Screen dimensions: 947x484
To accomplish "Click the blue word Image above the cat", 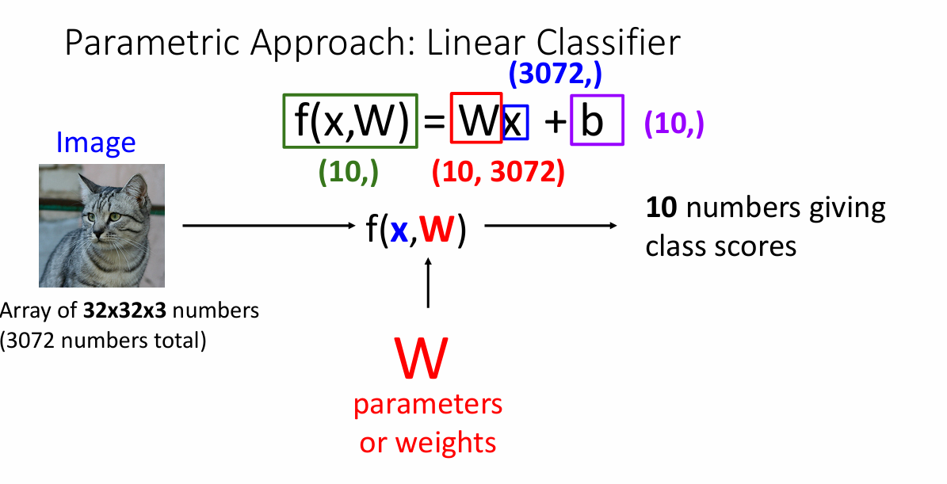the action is click(x=96, y=143).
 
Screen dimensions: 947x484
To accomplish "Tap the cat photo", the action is click(x=101, y=225).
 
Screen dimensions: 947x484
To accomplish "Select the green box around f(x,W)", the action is click(x=350, y=121).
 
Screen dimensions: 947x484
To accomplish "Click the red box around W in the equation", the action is click(x=475, y=119).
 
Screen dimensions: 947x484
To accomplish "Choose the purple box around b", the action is click(x=597, y=120).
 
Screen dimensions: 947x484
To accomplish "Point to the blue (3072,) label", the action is click(x=555, y=74).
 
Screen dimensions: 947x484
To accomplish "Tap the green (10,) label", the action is click(x=347, y=172).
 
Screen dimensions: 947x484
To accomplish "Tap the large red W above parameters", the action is click(x=421, y=358).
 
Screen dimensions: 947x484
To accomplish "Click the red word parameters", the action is click(x=428, y=404).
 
